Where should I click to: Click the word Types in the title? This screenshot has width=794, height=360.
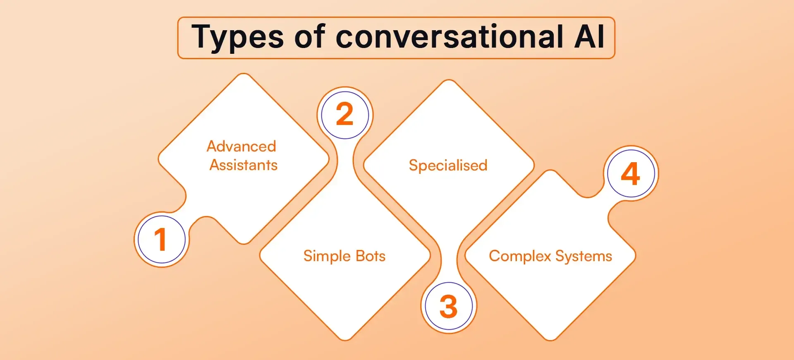(x=237, y=37)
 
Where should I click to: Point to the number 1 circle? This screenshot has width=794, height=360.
(x=161, y=240)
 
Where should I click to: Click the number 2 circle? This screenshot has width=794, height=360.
(x=345, y=115)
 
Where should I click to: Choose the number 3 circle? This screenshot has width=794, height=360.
(x=449, y=307)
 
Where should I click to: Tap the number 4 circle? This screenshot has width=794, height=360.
(x=631, y=173)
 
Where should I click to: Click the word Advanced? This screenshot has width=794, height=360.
(x=242, y=146)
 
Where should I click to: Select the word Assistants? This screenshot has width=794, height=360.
(x=244, y=165)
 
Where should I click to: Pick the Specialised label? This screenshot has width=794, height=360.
(x=448, y=166)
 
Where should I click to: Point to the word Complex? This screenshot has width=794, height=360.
(x=520, y=256)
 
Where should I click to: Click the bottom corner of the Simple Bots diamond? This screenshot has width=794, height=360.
(x=345, y=339)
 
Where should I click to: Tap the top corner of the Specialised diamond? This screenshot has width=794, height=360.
(x=449, y=81)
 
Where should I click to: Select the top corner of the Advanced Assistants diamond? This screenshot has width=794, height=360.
(x=244, y=75)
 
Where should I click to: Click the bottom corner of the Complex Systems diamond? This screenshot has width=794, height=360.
(x=550, y=339)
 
